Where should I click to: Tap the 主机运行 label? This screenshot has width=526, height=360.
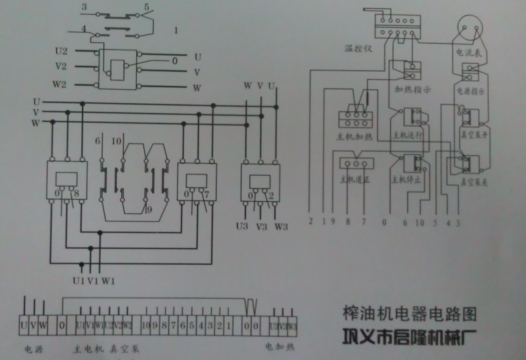(408, 135)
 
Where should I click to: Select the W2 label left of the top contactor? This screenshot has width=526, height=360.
(60, 84)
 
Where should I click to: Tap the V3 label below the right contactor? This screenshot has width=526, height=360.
(262, 226)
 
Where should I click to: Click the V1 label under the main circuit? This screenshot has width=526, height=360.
(93, 280)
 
